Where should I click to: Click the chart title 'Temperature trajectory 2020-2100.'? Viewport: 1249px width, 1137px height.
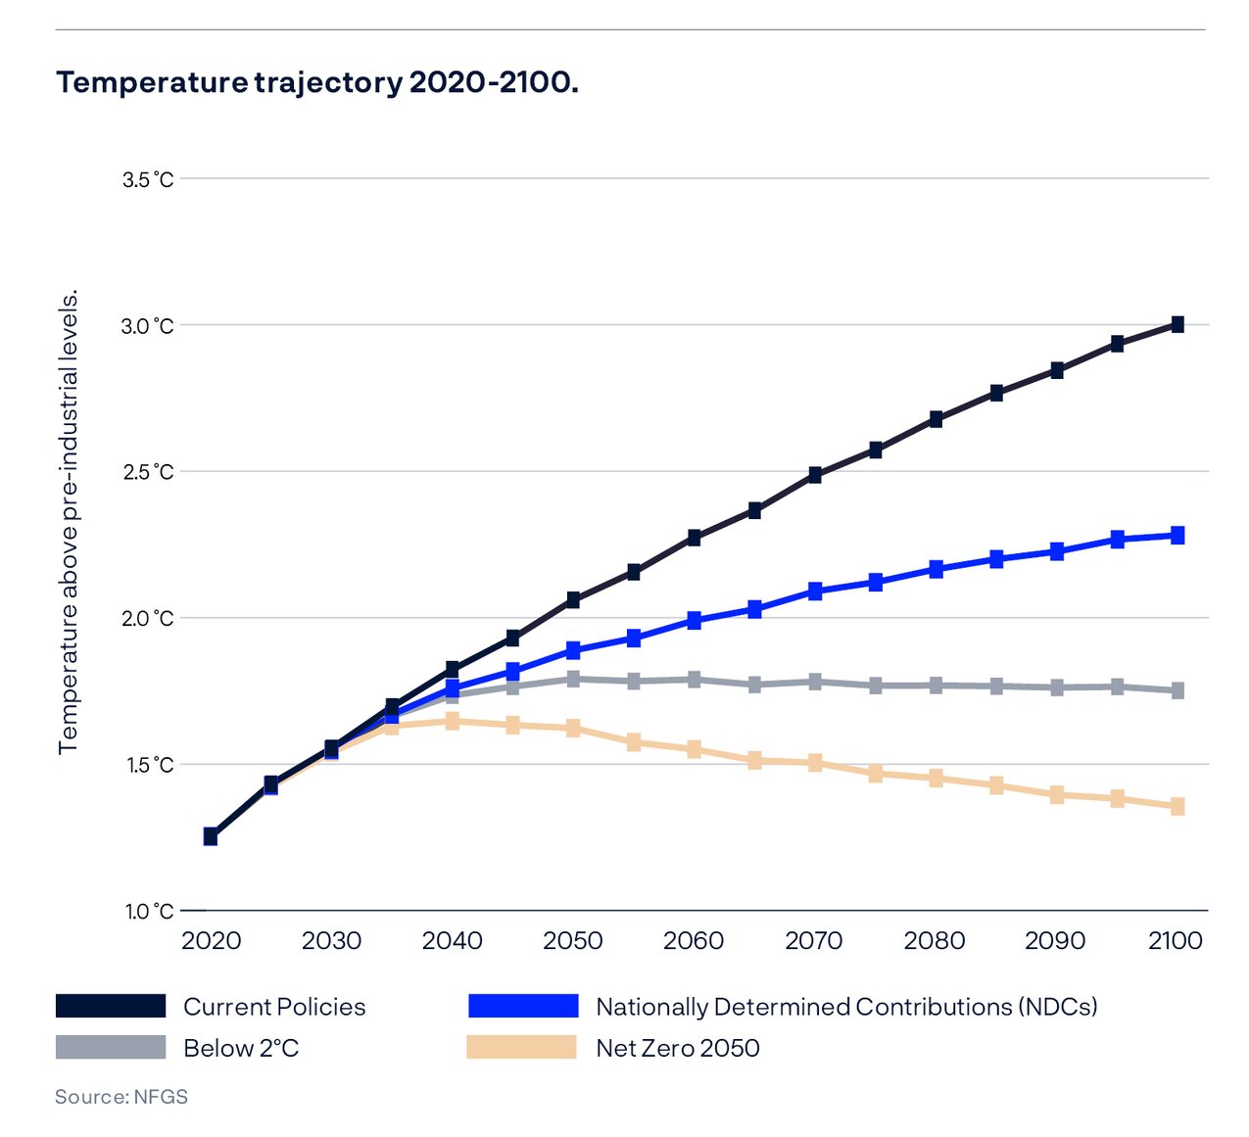[316, 82]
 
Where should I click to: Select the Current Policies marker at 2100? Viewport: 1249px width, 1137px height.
[1177, 324]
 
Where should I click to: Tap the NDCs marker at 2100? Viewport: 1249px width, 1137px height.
[1177, 535]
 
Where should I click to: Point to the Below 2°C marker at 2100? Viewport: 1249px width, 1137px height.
[1177, 690]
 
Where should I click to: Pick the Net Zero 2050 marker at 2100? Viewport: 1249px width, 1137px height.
[1177, 806]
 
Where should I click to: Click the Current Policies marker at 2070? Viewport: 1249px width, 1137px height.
[815, 475]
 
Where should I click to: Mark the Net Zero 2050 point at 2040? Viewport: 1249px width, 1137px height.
[453, 721]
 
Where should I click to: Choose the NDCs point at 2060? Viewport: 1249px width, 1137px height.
[695, 620]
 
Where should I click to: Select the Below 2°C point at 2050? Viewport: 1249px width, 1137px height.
[573, 678]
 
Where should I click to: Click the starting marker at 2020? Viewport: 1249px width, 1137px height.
[211, 835]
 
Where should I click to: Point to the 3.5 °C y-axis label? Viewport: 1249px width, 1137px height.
[147, 180]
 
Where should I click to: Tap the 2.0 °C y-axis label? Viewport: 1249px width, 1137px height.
[147, 619]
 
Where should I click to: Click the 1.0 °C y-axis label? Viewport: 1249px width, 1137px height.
[149, 912]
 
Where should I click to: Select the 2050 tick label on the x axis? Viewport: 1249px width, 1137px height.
[573, 941]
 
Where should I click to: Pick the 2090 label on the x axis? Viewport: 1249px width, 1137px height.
[1055, 941]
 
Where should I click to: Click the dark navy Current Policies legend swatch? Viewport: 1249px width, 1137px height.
[111, 1006]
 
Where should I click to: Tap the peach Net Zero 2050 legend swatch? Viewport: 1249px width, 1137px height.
[521, 1047]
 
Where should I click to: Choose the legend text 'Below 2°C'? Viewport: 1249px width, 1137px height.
[241, 1048]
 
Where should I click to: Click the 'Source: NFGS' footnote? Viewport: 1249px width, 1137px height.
[121, 1097]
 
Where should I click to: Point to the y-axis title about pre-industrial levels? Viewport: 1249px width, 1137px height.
[68, 521]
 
